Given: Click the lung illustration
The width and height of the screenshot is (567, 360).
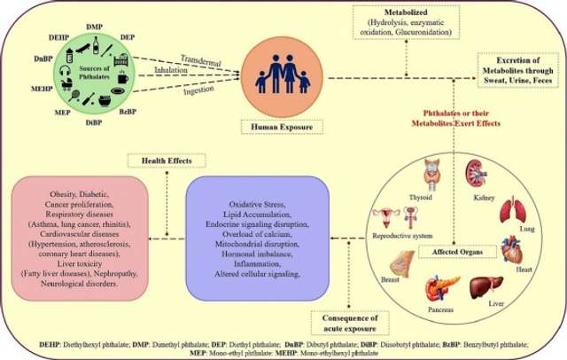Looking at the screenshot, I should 515,214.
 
